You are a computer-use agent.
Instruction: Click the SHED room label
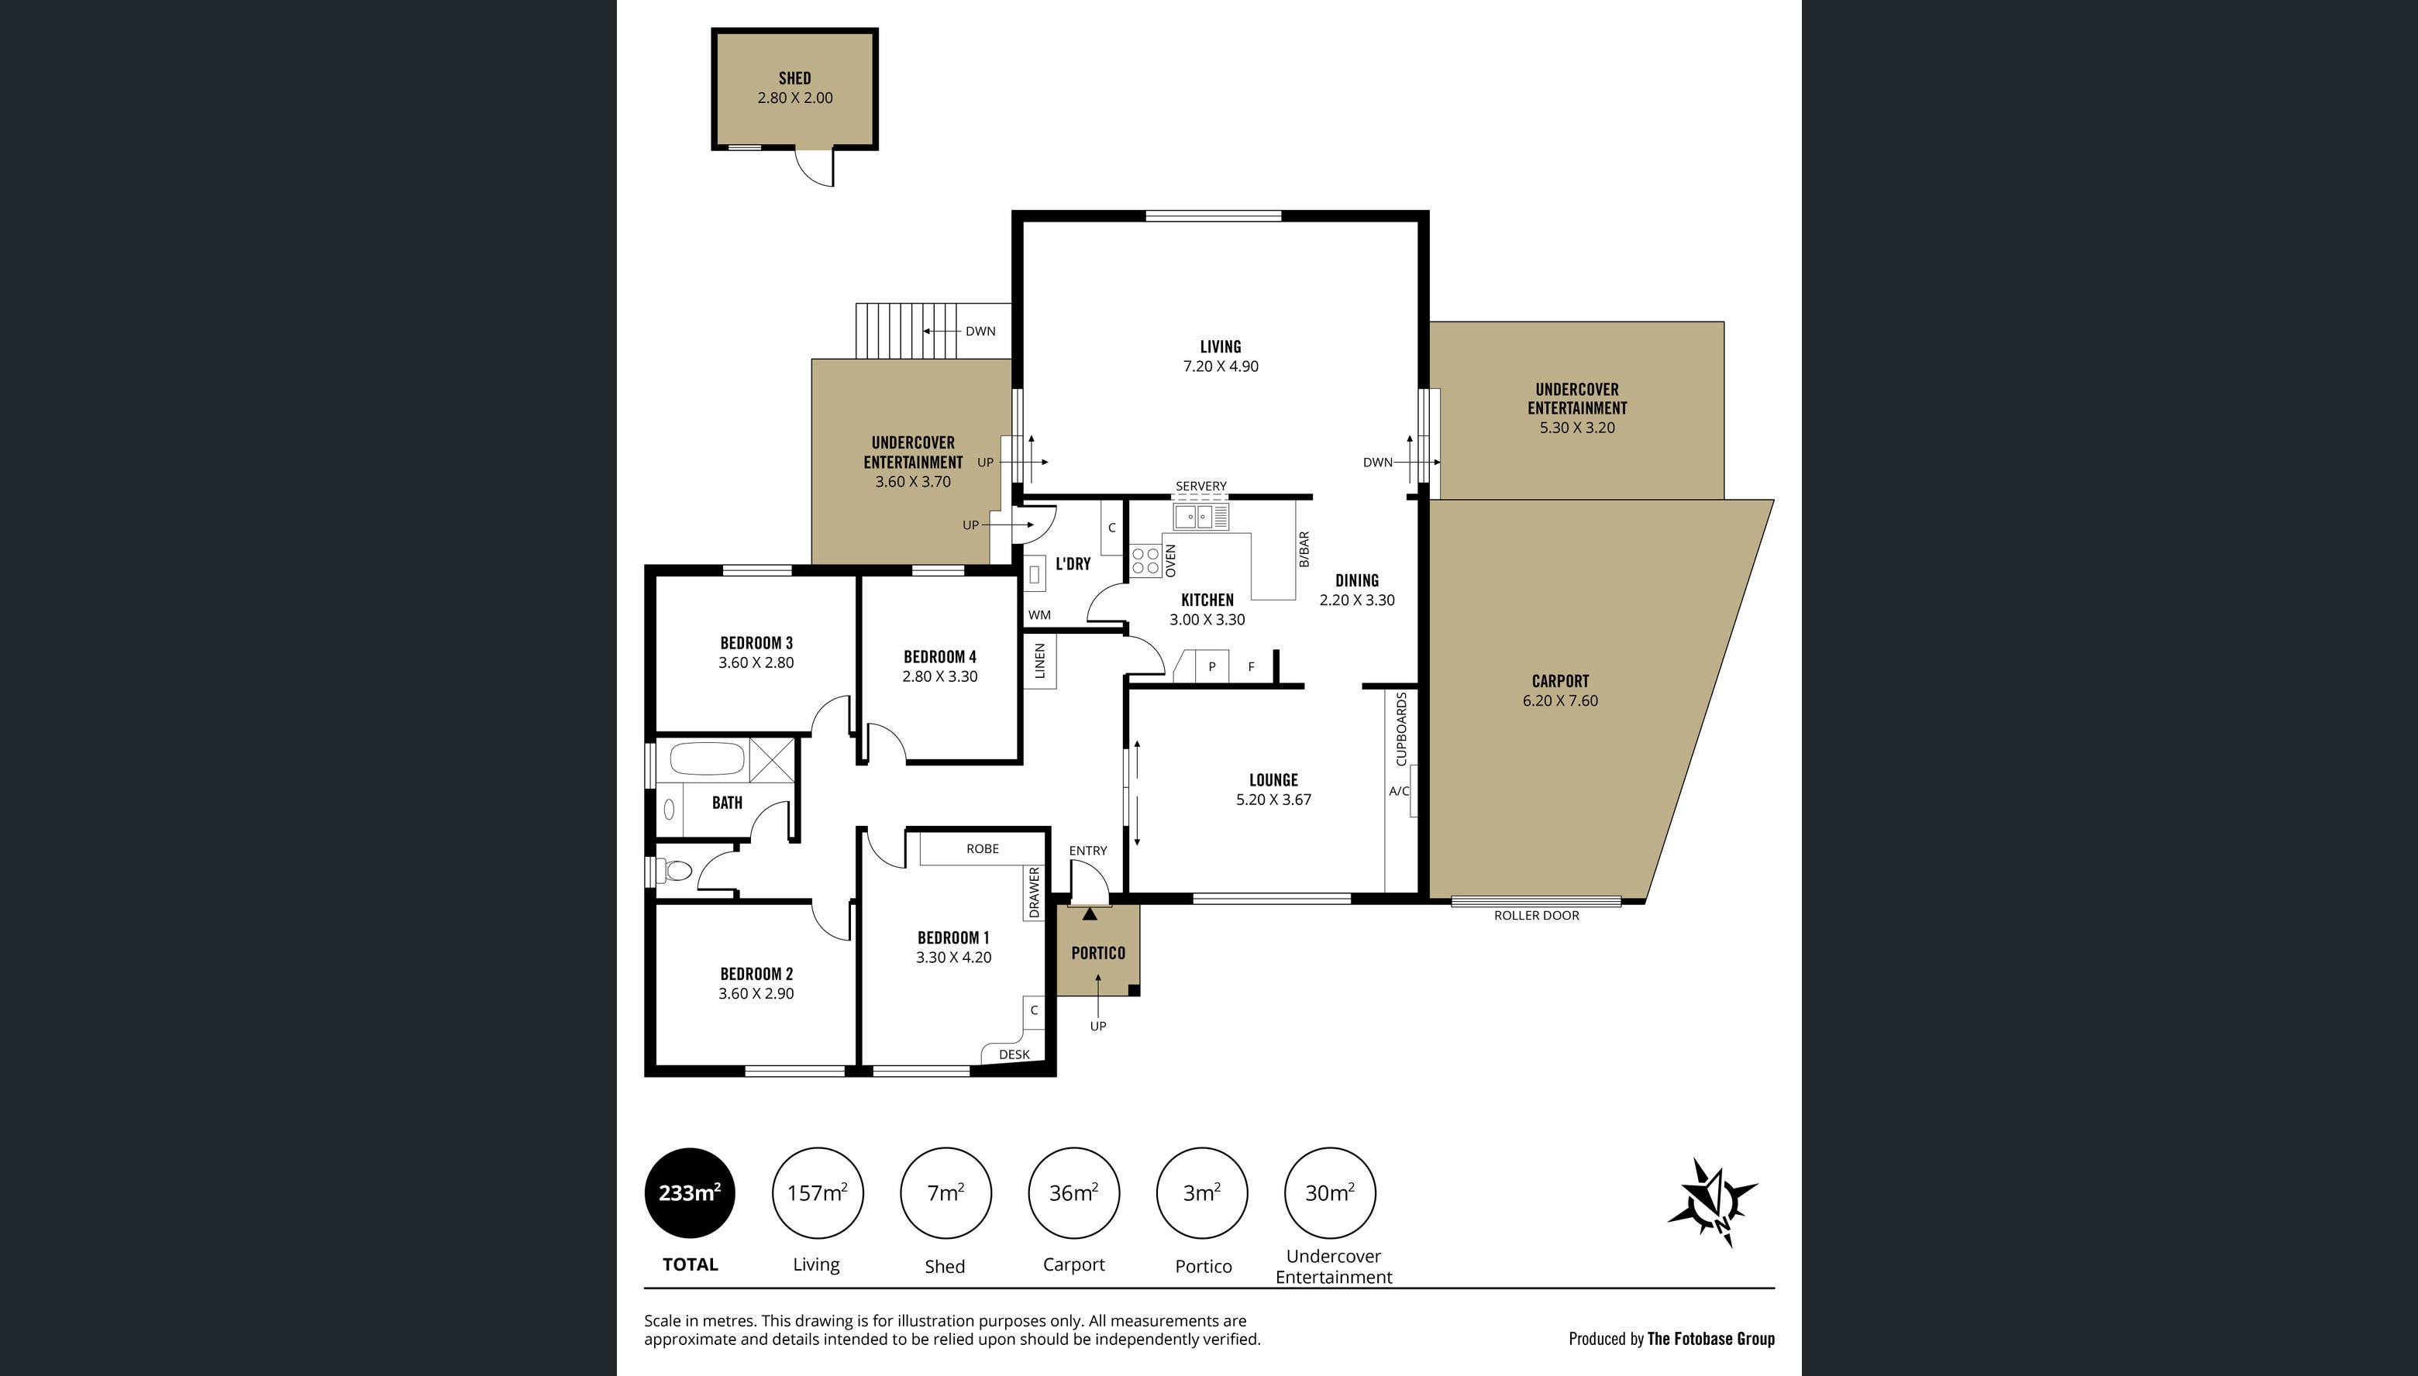(794, 78)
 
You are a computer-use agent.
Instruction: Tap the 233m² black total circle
(690, 1192)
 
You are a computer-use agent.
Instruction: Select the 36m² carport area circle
(1073, 1192)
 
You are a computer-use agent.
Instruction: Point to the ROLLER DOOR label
(1536, 915)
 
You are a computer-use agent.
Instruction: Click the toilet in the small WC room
(677, 869)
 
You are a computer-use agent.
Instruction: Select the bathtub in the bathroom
(707, 759)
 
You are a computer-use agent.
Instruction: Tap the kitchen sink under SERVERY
(1193, 517)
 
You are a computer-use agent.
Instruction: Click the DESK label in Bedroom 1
(1014, 1054)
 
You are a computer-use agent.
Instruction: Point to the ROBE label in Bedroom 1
(982, 848)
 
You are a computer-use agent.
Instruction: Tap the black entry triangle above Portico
(1090, 914)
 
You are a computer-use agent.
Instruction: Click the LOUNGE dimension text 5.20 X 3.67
(1273, 800)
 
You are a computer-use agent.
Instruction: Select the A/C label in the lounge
(1398, 791)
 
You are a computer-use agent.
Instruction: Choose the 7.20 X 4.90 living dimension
(1221, 366)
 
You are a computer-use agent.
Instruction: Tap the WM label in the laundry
(1038, 614)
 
